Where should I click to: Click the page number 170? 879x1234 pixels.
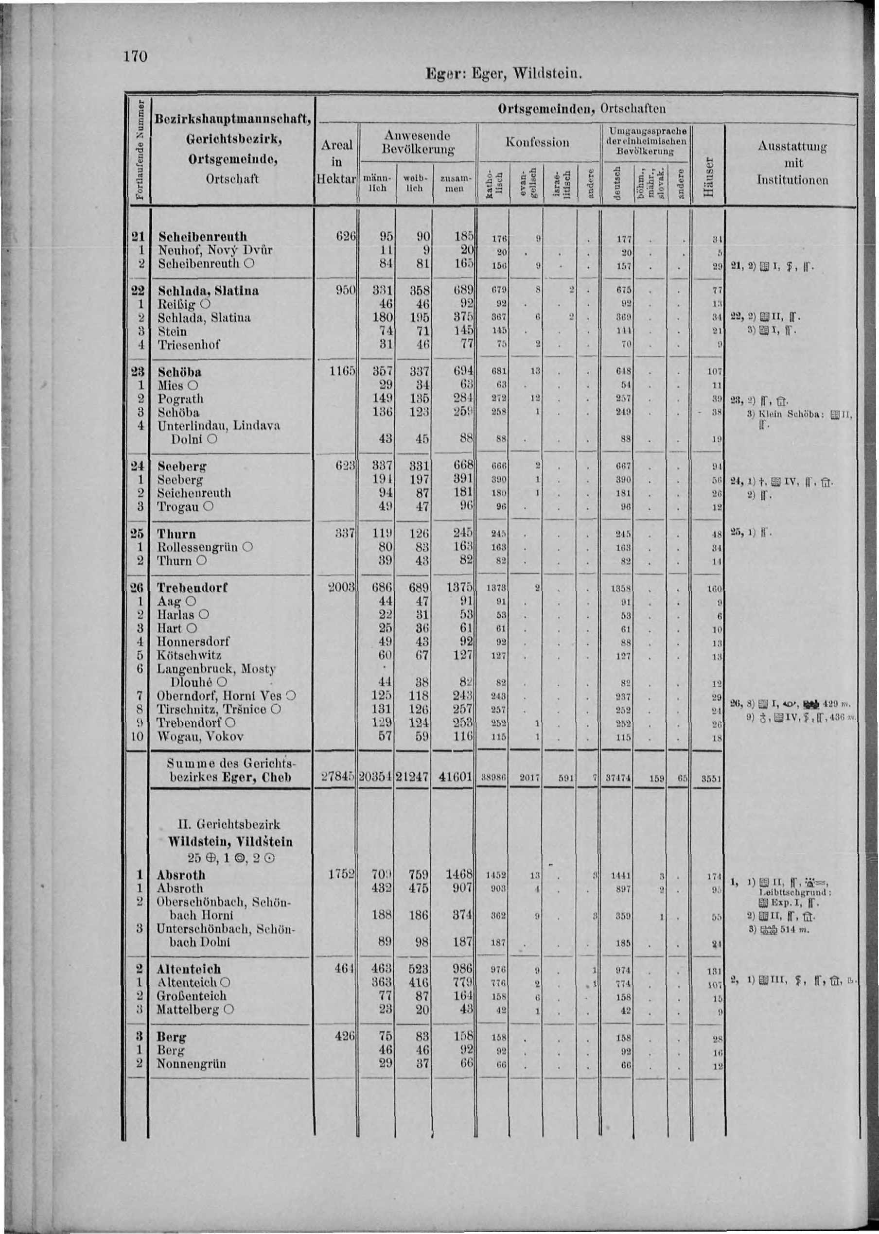coord(135,57)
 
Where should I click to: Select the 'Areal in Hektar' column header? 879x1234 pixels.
coord(336,162)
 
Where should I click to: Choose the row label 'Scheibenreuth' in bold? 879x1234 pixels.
coord(202,236)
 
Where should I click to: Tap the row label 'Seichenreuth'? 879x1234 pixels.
coord(194,493)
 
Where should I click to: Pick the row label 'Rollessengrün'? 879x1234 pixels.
coord(197,547)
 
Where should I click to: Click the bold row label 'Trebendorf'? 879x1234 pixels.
coord(192,588)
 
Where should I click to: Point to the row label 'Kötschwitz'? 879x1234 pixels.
coord(189,655)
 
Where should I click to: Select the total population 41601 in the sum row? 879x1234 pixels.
coord(454,778)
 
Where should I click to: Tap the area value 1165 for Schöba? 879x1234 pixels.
coord(341,372)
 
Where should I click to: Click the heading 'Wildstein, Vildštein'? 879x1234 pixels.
coord(230,842)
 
